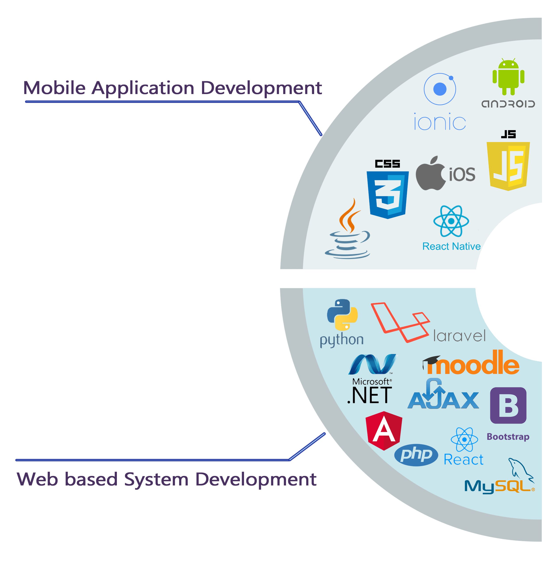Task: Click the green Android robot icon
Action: click(508, 77)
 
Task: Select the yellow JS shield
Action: click(508, 166)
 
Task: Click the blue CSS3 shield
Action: click(388, 195)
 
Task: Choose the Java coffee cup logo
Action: click(348, 229)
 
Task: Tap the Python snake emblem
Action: click(342, 315)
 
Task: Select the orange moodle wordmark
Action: click(471, 363)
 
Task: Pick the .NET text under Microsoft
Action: click(370, 395)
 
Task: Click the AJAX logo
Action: click(443, 395)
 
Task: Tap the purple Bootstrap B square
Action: click(508, 406)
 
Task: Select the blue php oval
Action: click(416, 455)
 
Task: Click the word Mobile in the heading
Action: click(54, 88)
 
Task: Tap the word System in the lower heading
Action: click(156, 479)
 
